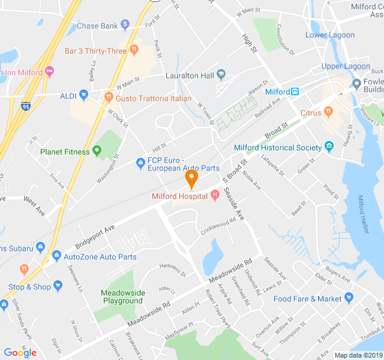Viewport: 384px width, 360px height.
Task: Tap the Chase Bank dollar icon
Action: pyautogui.click(x=125, y=25)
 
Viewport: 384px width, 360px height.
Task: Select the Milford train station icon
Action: pyautogui.click(x=295, y=92)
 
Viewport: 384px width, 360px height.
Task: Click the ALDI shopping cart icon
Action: pyautogui.click(x=83, y=94)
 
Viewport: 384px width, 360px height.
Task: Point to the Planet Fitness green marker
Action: pyautogui.click(x=97, y=151)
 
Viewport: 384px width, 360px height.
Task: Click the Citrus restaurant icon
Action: pyautogui.click(x=328, y=112)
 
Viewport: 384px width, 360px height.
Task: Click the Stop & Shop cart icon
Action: pyautogui.click(x=58, y=286)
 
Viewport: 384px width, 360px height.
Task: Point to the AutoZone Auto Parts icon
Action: pyautogui.click(x=56, y=256)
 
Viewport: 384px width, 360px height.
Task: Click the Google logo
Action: pyautogui.click(x=20, y=353)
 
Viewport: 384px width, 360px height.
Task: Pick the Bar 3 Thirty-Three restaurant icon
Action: pyautogui.click(x=134, y=50)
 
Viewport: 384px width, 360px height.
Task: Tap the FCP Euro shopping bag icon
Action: pyautogui.click(x=139, y=161)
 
